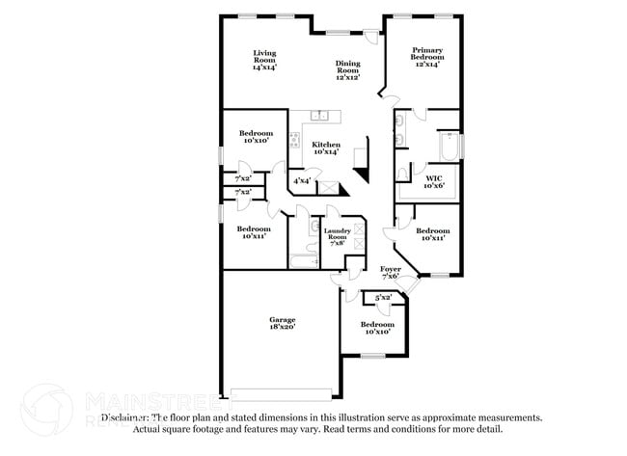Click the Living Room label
tap(264, 60)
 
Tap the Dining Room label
tap(347, 70)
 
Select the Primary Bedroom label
tap(425, 56)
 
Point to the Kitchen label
tap(325, 148)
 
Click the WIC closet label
tap(433, 180)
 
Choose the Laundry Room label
tap(337, 235)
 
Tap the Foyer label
tap(390, 273)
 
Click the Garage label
tap(282, 322)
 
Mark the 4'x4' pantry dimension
tap(302, 180)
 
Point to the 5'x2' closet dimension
tap(384, 297)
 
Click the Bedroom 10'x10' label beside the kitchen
tap(256, 137)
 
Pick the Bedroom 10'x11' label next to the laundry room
tap(254, 232)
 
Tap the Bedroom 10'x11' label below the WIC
tap(432, 234)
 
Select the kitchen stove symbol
tap(294, 138)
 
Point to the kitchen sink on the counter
tap(324, 117)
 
